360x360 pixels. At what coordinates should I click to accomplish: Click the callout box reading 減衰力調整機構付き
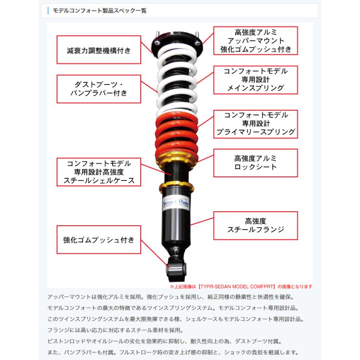[x=99, y=50]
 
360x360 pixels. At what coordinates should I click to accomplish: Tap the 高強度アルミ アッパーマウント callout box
[x=256, y=41]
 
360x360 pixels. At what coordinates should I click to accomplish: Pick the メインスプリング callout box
[x=256, y=80]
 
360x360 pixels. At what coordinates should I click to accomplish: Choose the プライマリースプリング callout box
[x=256, y=123]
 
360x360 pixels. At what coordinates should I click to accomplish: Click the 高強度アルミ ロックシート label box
[x=256, y=163]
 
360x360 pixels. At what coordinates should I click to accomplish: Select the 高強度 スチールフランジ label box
[x=256, y=225]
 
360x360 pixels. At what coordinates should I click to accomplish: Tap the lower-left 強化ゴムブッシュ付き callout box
[x=99, y=240]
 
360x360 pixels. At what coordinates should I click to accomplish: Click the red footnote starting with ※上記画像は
[x=241, y=286]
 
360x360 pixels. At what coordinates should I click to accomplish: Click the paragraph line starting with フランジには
[x=115, y=330]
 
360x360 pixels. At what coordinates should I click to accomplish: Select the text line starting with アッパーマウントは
[x=170, y=298]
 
